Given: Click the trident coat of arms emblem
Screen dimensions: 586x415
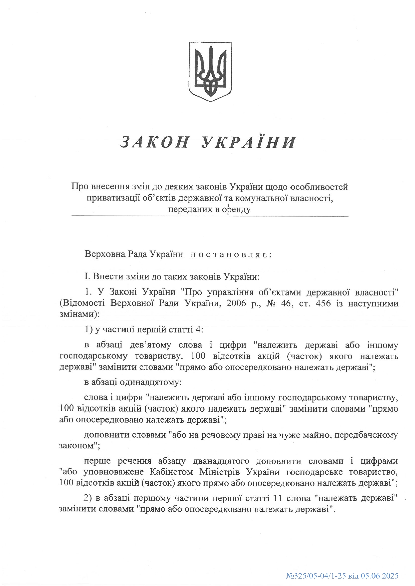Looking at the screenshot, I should coord(210,72).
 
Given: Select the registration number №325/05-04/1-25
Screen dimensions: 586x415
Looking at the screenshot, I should coord(316,576).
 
